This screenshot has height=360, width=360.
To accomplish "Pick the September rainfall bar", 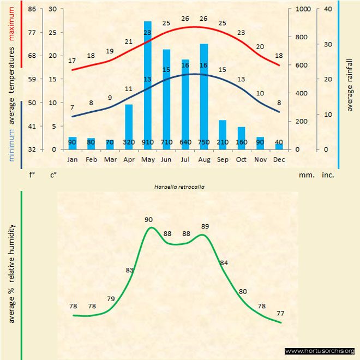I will [223, 134].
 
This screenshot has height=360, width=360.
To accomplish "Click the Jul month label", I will [185, 160].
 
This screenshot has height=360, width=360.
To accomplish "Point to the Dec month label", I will [279, 160].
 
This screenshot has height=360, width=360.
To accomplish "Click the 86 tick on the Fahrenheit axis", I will [32, 9].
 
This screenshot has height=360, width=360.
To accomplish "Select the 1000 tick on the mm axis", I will [302, 9].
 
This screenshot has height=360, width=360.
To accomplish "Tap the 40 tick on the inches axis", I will [328, 9].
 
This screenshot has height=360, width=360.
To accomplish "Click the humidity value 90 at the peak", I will [148, 220].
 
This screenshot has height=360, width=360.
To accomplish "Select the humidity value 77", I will [281, 314].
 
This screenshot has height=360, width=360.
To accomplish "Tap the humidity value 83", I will [130, 270].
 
